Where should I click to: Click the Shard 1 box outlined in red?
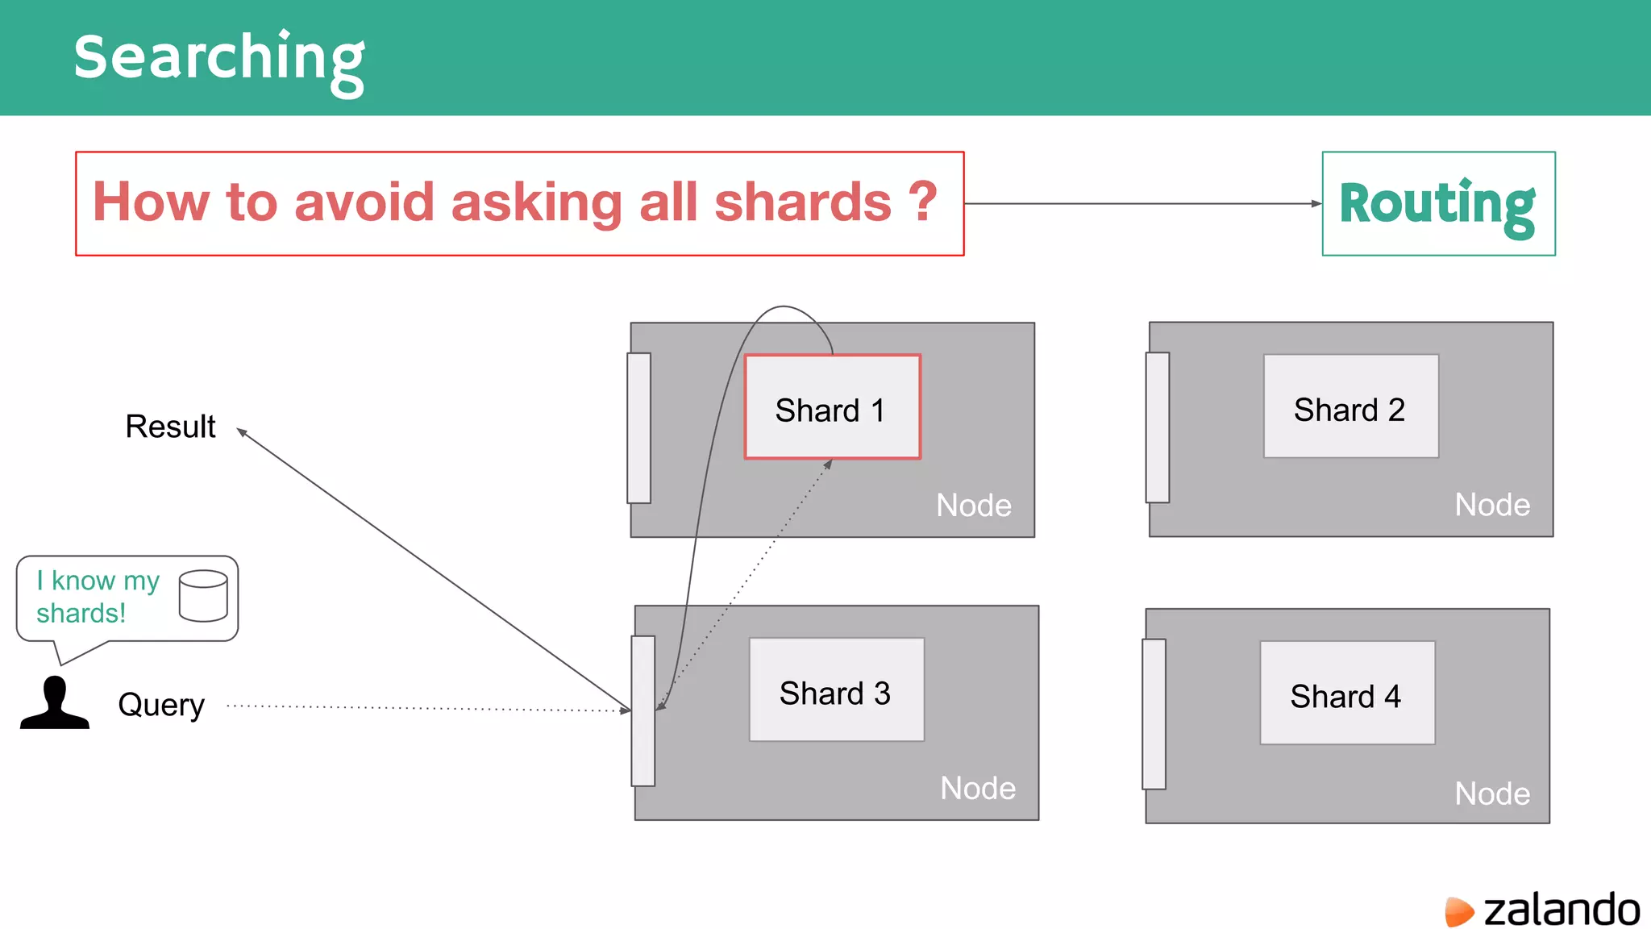coord(832,407)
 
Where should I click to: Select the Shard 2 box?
coord(1350,406)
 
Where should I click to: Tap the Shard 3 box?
coord(836,690)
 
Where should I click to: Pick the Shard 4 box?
coord(1347,693)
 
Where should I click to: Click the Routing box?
coord(1438,204)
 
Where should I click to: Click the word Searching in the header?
coord(219,58)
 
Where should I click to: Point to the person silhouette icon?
coord(55,703)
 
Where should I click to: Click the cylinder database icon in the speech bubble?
coord(203,596)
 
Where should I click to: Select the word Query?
coord(161,705)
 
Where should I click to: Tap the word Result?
coord(170,427)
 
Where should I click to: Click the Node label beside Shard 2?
coord(1492,505)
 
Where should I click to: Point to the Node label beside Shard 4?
coord(1492,794)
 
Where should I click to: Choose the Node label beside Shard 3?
coord(978,788)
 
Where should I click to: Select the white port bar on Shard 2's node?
coord(1158,427)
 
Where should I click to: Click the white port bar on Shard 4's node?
coord(1154,714)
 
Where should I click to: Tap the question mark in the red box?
coord(923,201)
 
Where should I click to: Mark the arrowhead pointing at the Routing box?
coord(1316,204)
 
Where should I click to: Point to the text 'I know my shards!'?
coord(98,597)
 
